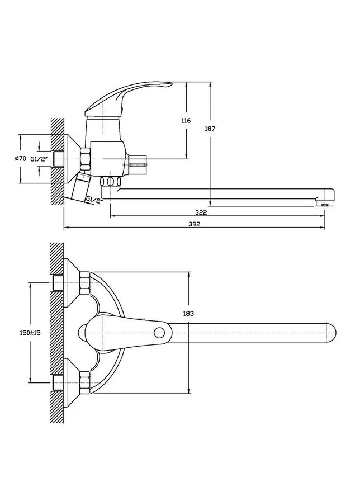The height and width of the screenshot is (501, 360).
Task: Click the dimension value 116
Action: (186, 120)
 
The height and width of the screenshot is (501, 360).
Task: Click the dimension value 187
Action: (210, 129)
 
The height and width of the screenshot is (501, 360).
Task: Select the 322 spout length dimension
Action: (202, 212)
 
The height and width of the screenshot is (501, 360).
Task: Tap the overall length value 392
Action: (194, 224)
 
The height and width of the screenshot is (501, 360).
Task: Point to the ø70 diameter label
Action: (20, 158)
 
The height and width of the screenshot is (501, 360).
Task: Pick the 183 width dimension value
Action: (188, 314)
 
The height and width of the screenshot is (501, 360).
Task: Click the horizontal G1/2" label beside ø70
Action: (39, 159)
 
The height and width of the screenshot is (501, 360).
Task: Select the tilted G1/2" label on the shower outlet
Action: (95, 200)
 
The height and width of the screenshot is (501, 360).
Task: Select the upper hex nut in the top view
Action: (85, 283)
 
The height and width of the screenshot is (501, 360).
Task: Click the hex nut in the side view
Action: (86, 159)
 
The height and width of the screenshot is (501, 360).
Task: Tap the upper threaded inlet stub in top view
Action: (58, 283)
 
